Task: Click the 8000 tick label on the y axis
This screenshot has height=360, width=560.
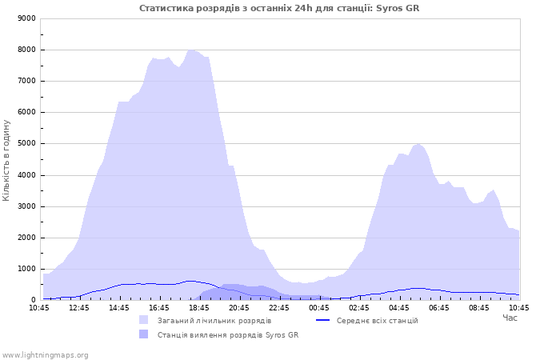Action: coord(26,50)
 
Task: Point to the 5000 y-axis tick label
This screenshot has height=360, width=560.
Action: coord(26,143)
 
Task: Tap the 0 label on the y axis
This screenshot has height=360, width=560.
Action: coord(34,300)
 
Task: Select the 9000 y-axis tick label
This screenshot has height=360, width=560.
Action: coord(26,18)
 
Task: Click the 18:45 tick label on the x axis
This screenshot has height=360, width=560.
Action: coord(199,308)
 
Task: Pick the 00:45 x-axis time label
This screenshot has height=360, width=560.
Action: coord(319,308)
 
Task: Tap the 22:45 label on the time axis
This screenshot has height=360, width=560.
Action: coord(279,308)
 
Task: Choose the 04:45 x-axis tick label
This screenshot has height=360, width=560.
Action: coord(399,308)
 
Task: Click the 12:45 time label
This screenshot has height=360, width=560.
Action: coord(79,308)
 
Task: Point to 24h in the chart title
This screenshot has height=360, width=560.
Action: coord(303,8)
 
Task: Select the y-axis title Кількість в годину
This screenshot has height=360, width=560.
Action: coord(6,160)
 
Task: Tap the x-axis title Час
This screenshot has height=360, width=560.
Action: coord(510,318)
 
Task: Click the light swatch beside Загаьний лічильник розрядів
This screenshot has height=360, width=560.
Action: coord(143,320)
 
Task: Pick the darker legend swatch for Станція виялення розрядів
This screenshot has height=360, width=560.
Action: coord(143,334)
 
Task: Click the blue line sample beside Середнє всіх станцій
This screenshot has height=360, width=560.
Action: coord(323,320)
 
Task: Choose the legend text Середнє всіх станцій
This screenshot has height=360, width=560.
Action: coord(377,321)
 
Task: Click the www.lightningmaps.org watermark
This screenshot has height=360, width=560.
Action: coord(45,355)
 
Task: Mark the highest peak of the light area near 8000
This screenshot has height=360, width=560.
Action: coord(190,50)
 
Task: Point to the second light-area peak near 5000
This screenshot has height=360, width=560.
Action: coord(418,144)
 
